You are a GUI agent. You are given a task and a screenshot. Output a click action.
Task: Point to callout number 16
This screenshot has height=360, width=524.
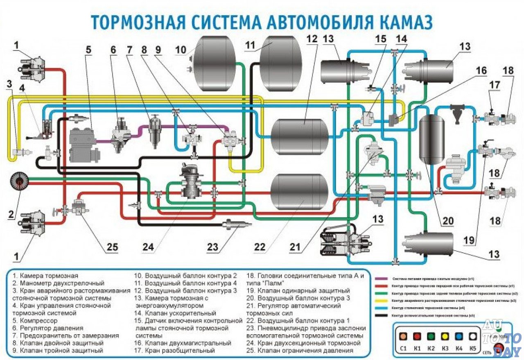(x=481, y=70)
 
